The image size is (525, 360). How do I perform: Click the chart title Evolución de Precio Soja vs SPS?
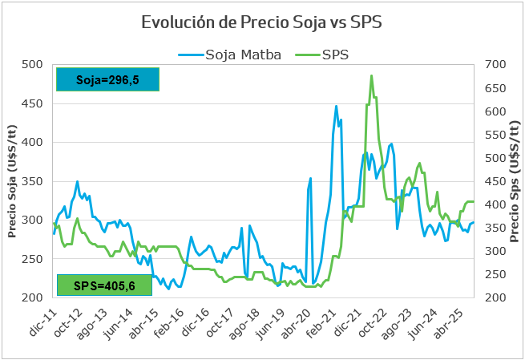click(261, 22)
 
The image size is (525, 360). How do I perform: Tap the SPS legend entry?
click(326, 55)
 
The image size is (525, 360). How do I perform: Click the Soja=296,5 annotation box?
click(107, 79)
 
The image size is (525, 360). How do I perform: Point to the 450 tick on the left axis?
click(34, 103)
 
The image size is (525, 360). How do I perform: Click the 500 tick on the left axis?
click(34, 64)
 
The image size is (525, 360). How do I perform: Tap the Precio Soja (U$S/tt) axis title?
click(13, 181)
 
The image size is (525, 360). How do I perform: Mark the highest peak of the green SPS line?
click(371, 75)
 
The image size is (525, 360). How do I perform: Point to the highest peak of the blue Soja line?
click(336, 106)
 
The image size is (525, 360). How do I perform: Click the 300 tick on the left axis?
click(34, 220)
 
